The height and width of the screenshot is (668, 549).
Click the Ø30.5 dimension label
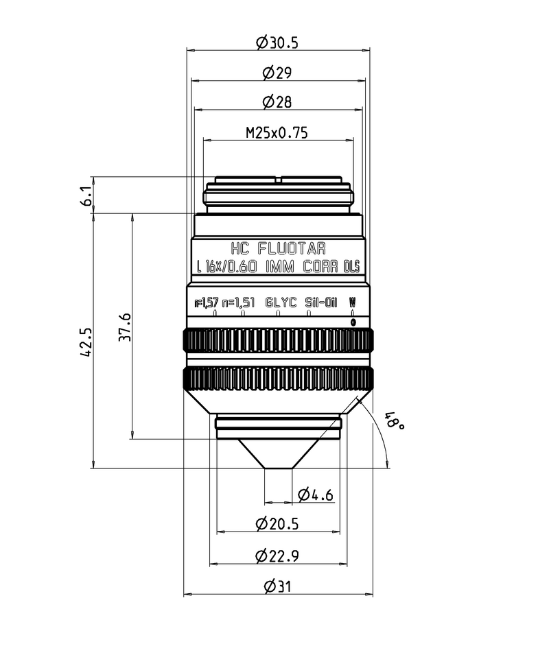pyautogui.click(x=277, y=43)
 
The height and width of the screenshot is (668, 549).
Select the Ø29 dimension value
pyautogui.click(x=277, y=72)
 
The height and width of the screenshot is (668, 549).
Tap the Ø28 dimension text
pyautogui.click(x=277, y=102)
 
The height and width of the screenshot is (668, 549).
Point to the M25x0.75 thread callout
pyautogui.click(x=277, y=133)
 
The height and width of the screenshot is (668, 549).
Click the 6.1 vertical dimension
pyautogui.click(x=86, y=196)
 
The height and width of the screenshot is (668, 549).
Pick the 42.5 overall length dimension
pyautogui.click(x=86, y=342)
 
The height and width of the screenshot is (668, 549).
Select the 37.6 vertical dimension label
pyautogui.click(x=126, y=326)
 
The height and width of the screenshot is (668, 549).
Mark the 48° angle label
pyautogui.click(x=394, y=420)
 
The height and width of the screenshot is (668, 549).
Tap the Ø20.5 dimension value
pyautogui.click(x=277, y=524)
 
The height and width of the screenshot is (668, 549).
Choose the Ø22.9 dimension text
pyautogui.click(x=277, y=556)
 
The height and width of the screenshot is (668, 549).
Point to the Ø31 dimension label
pyautogui.click(x=277, y=586)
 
